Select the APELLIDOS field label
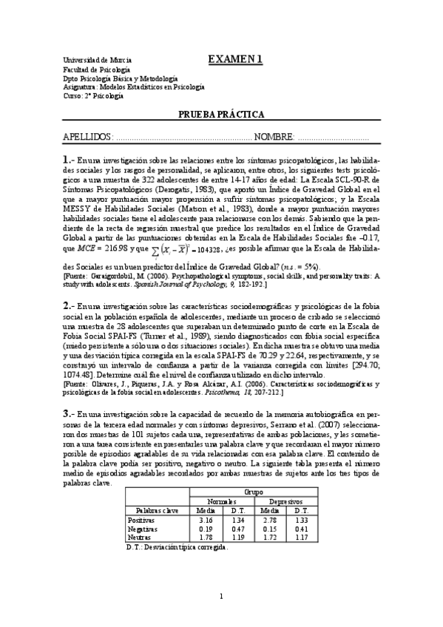coord(88,138)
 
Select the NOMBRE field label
coord(274,138)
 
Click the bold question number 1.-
coord(70,160)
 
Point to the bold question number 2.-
coord(70,305)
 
